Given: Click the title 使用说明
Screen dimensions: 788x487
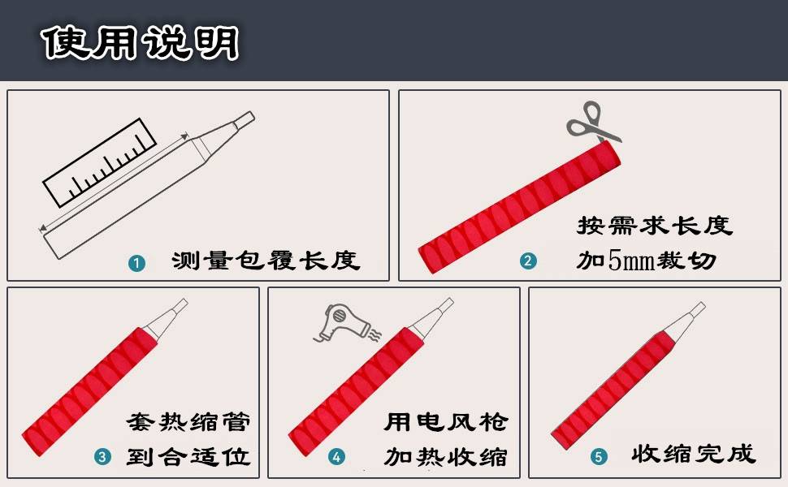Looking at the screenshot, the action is (x=141, y=43).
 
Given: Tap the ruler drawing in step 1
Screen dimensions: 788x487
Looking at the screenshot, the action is (x=99, y=163).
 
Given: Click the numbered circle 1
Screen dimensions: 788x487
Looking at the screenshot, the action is (x=136, y=263).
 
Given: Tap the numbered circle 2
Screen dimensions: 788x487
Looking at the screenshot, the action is (x=528, y=261).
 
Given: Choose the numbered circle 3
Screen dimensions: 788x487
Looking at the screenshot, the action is (x=102, y=456).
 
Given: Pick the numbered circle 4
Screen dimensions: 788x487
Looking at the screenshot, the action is (x=336, y=457).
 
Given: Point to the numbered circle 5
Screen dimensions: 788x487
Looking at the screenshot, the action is (x=599, y=457).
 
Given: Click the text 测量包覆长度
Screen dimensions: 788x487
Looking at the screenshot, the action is (x=266, y=261).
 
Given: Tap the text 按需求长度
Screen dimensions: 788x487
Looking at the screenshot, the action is (x=654, y=226).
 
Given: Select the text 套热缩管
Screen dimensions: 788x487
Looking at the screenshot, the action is (x=188, y=422).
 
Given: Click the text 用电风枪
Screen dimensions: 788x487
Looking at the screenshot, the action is (x=446, y=422).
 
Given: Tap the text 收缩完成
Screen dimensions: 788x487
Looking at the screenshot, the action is (x=694, y=454).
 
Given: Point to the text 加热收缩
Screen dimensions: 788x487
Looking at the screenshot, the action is (x=446, y=457).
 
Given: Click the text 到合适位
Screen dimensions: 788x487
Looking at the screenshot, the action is (x=188, y=457).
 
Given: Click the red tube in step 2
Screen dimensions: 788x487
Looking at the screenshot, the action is (x=519, y=207).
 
